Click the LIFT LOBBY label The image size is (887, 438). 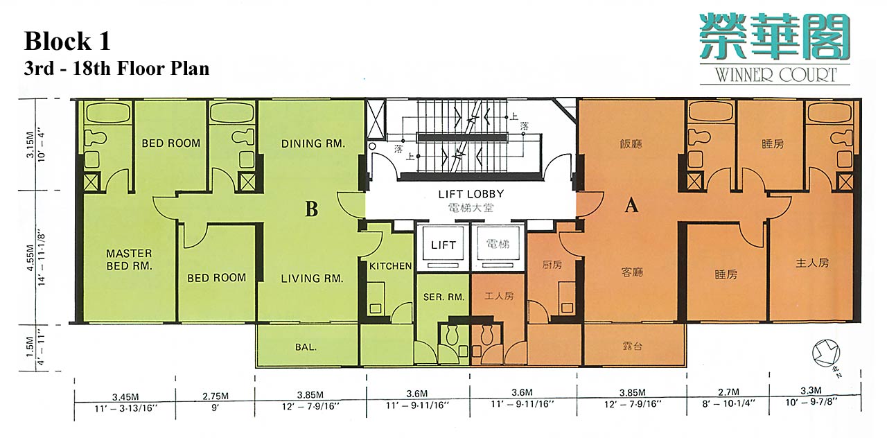[x=471, y=194]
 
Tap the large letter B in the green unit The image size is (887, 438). [x=312, y=209]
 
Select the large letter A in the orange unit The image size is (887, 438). [x=631, y=206]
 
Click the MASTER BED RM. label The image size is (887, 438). [x=129, y=259]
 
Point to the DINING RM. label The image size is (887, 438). [x=313, y=143]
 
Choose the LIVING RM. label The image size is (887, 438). [x=312, y=279]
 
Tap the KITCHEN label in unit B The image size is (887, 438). [x=390, y=266]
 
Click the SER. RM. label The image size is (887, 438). [x=443, y=297]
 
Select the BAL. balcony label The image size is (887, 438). [x=306, y=347]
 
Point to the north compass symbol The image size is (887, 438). [x=826, y=353]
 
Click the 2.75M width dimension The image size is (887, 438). [x=215, y=396]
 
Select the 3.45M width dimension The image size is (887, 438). [x=125, y=396]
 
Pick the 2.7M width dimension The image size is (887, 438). [x=728, y=392]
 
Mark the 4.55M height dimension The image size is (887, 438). [x=30, y=258]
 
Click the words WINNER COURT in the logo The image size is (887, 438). [x=775, y=74]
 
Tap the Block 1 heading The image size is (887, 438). [x=67, y=41]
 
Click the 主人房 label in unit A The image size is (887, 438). [x=812, y=263]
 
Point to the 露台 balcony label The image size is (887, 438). [x=632, y=347]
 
